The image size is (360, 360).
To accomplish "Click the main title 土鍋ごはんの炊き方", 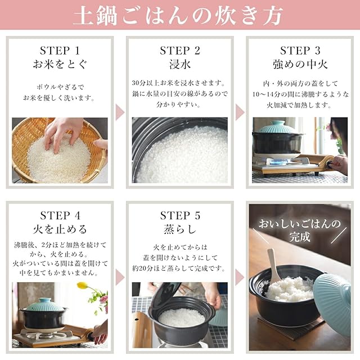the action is (x=178, y=15).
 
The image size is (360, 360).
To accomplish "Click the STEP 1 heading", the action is (x=60, y=51).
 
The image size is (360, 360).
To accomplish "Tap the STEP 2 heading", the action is (x=180, y=51).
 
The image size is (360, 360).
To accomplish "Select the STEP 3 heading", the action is (x=300, y=51).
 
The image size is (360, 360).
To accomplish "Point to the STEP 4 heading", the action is (x=60, y=215).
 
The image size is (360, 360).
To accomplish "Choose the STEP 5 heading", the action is (x=180, y=215).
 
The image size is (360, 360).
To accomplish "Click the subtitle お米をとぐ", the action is (x=60, y=64).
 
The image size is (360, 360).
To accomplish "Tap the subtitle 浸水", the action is (x=180, y=64).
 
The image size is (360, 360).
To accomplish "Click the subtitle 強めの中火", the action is (x=300, y=64).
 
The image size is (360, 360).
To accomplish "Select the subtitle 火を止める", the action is (x=60, y=229).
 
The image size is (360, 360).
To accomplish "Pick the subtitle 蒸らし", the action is (x=180, y=229).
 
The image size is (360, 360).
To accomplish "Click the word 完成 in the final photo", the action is (x=300, y=237).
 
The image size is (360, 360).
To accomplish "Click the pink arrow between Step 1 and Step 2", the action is (x=120, y=112).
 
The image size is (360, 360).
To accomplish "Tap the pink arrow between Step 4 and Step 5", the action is (x=120, y=277).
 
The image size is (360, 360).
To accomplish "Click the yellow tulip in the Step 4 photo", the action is (x=82, y=285).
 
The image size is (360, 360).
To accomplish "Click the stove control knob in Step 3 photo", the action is (x=330, y=164).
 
